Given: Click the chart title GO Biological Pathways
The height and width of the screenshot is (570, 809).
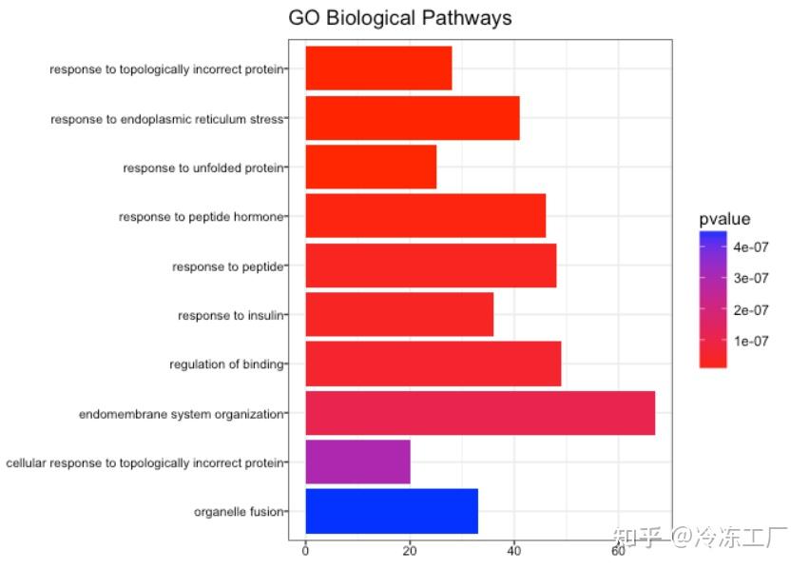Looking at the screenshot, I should (399, 18).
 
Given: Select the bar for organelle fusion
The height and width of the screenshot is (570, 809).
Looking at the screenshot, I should (391, 512).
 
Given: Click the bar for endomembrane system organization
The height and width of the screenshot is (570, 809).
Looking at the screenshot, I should (480, 413).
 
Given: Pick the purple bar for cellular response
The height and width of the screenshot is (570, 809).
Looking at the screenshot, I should (357, 462).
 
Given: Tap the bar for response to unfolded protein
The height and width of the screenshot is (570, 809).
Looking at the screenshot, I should (371, 167).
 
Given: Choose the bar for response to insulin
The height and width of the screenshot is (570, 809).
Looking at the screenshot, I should (399, 315).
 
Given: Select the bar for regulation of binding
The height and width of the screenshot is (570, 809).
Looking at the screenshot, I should (433, 364).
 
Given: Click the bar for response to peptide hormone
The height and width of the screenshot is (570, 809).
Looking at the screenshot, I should (425, 216).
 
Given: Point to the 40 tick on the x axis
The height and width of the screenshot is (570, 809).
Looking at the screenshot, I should (514, 550).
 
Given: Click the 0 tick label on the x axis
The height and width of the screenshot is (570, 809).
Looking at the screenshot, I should (305, 550).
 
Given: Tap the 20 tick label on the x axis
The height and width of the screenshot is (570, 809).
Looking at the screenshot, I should (410, 550).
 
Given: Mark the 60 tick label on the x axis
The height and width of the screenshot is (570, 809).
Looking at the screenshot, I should (619, 550).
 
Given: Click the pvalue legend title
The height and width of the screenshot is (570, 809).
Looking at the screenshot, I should (724, 219).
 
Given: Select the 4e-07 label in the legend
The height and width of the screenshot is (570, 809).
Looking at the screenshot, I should (750, 246).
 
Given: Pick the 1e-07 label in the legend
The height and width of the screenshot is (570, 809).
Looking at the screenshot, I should (750, 341).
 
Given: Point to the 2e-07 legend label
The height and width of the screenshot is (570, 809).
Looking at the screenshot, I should (750, 309).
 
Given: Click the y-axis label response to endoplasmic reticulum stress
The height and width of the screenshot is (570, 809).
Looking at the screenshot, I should (166, 119).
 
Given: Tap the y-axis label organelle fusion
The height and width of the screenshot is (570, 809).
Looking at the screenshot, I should (238, 512).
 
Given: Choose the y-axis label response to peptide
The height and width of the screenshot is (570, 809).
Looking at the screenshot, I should (227, 266).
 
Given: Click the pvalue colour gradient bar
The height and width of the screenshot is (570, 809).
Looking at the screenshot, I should (713, 299).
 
